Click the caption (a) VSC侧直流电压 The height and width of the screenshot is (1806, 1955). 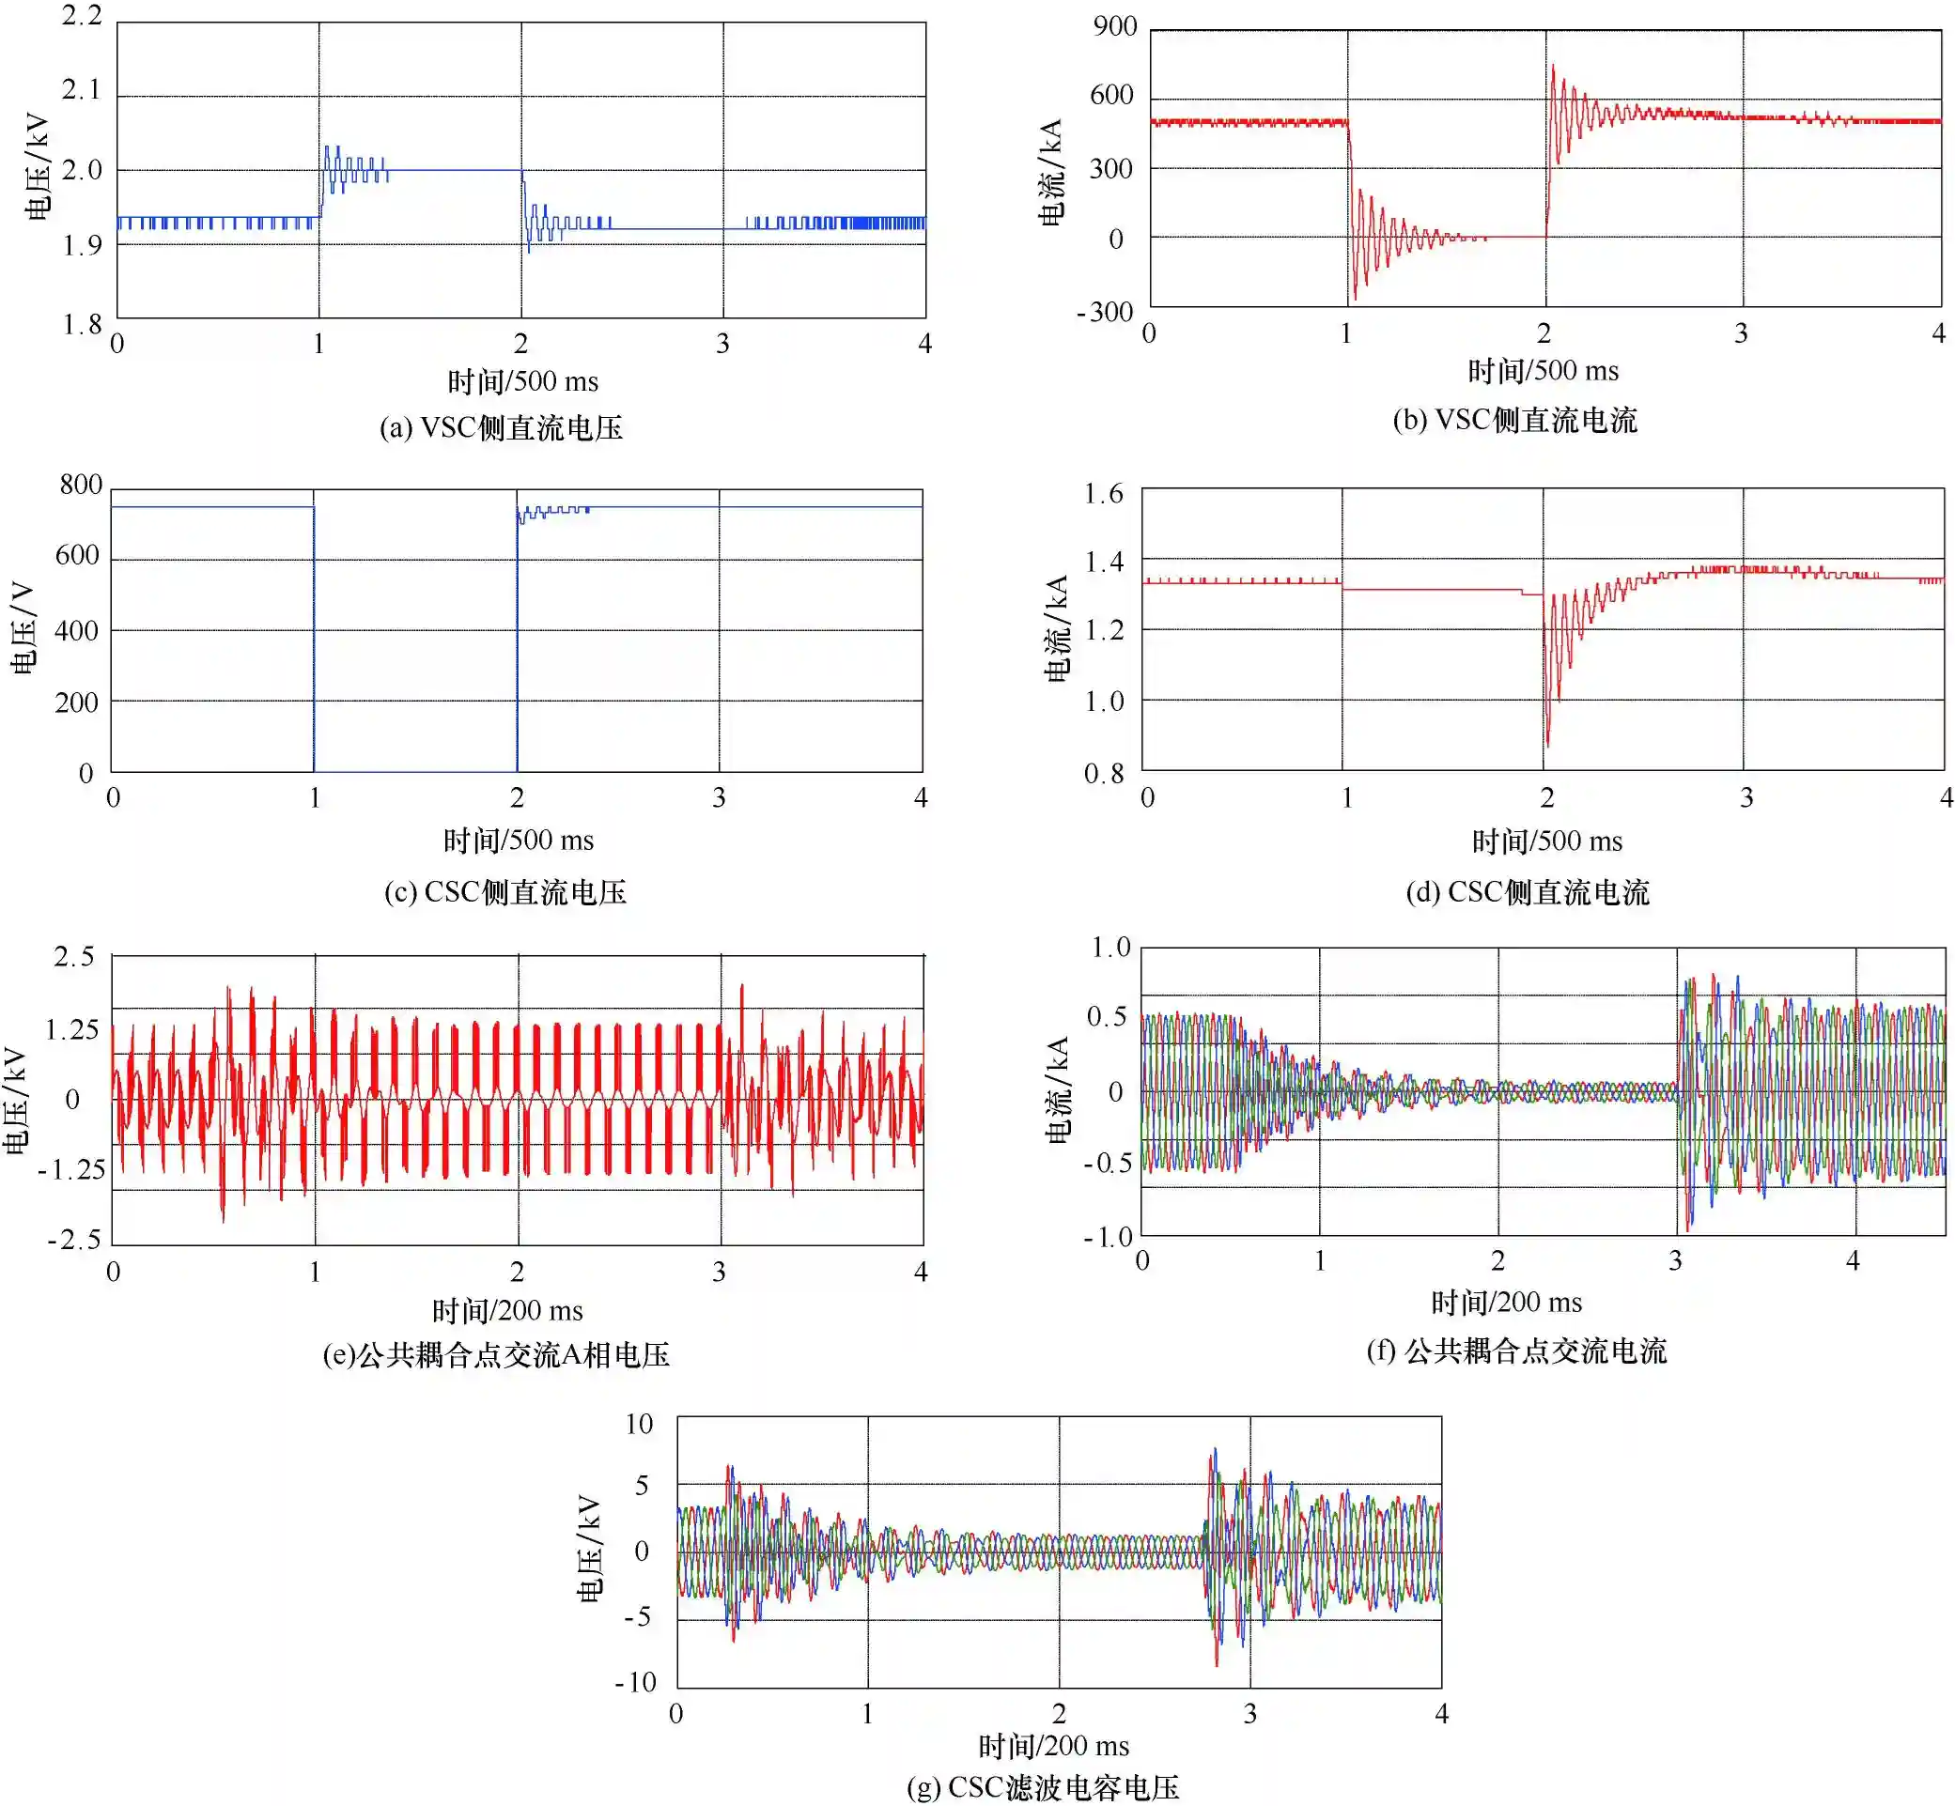coord(501,428)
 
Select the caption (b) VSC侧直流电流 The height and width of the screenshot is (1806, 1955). coord(1514,420)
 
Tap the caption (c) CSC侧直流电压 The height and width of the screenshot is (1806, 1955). coord(504,891)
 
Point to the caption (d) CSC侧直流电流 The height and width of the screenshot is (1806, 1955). coord(1527,891)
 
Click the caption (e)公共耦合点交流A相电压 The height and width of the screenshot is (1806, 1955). coord(496,1354)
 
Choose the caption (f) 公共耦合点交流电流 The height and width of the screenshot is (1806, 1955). coord(1515,1351)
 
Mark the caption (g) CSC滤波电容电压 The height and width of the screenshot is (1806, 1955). coord(1043,1787)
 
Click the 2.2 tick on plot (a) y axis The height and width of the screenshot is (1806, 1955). coord(81,16)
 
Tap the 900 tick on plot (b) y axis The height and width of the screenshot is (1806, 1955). coord(1114,26)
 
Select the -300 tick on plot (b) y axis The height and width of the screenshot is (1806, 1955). coord(1105,313)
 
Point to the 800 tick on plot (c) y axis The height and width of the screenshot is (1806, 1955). coord(80,485)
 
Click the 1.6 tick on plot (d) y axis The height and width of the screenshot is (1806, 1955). coord(1104,493)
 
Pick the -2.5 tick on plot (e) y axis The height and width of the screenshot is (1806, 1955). coord(74,1241)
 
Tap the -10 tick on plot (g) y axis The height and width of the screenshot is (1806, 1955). coord(635,1682)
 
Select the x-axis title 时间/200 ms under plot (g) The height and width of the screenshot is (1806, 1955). coord(1054,1745)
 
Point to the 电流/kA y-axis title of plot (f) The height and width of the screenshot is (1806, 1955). coord(1058,1090)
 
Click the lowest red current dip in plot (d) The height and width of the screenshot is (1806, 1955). coord(1547,746)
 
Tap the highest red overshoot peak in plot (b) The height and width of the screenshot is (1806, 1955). coord(1552,66)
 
